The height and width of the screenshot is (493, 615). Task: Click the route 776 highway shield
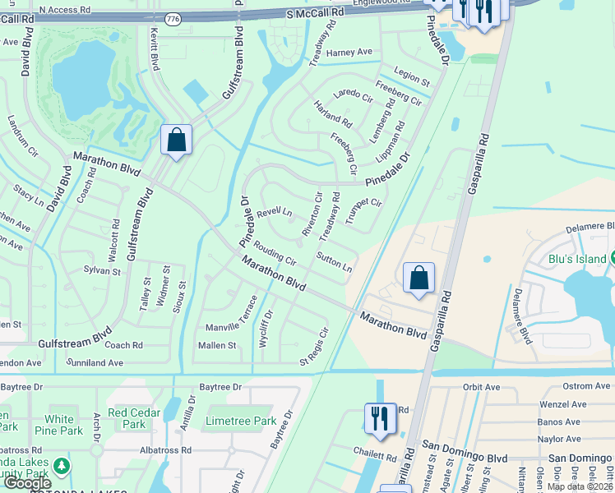173,18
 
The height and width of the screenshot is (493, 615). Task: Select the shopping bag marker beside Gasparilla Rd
418,279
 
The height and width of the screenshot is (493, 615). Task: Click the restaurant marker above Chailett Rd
378,418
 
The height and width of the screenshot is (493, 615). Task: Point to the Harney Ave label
349,53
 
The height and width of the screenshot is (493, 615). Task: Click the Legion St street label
412,78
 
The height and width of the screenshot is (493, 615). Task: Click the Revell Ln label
275,212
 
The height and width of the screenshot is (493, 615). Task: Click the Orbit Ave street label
481,387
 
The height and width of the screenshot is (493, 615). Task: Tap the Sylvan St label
102,270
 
